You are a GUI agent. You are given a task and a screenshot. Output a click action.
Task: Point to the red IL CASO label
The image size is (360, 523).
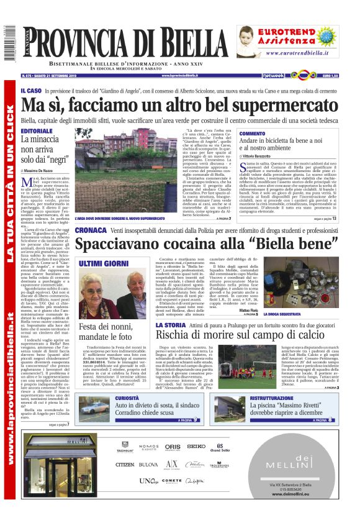tap(31, 91)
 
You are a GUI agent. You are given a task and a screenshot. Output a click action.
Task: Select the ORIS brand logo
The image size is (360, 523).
tap(173, 446)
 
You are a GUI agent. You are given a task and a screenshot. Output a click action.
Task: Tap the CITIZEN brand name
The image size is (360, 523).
tap(125, 463)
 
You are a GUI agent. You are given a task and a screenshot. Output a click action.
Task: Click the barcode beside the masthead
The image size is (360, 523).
tap(8, 45)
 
